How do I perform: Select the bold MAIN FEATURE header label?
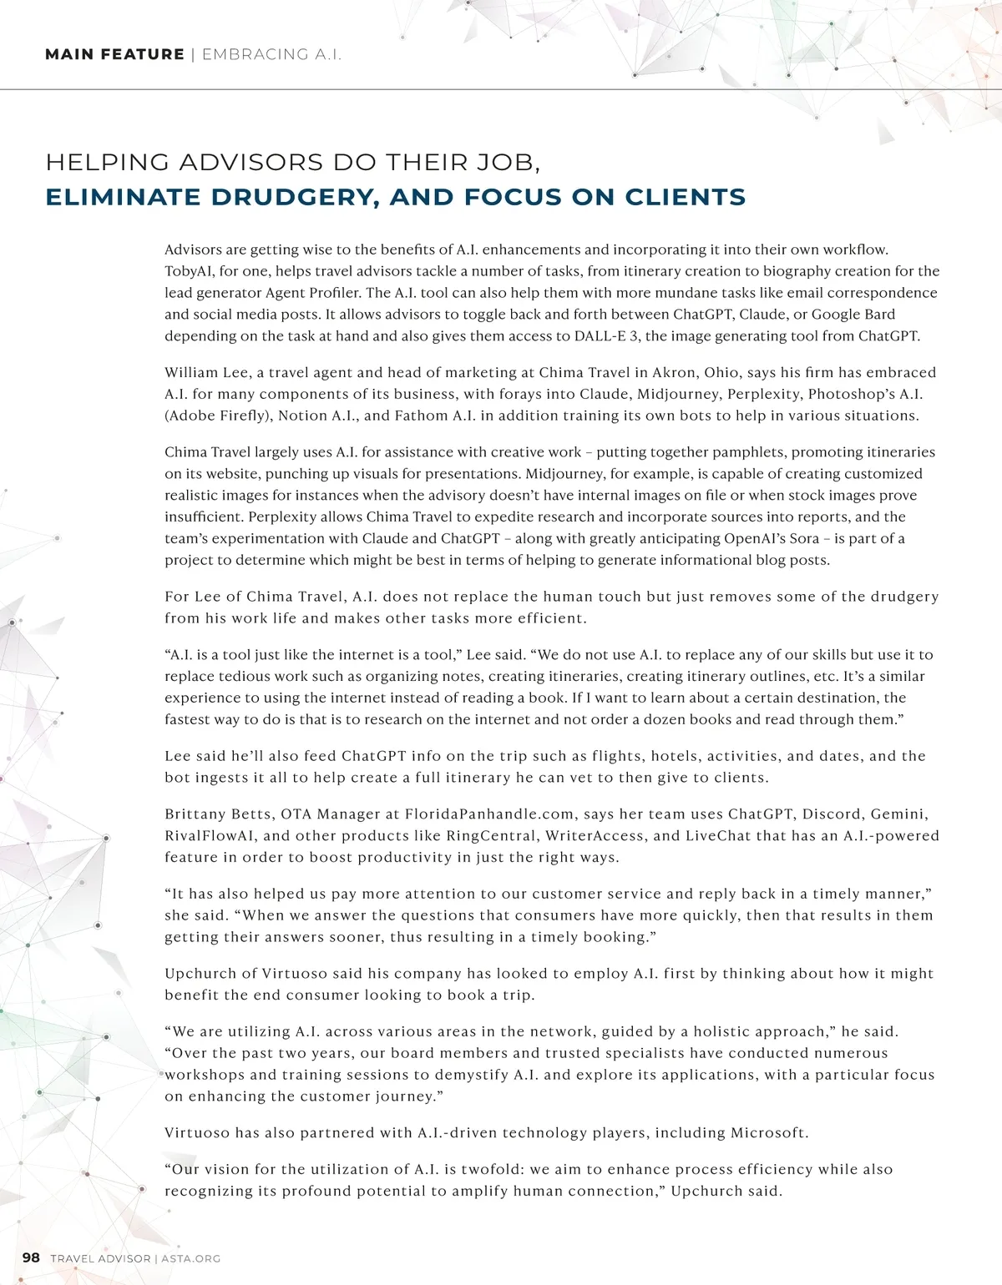[114, 54]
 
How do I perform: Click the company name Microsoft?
[768, 1132]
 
